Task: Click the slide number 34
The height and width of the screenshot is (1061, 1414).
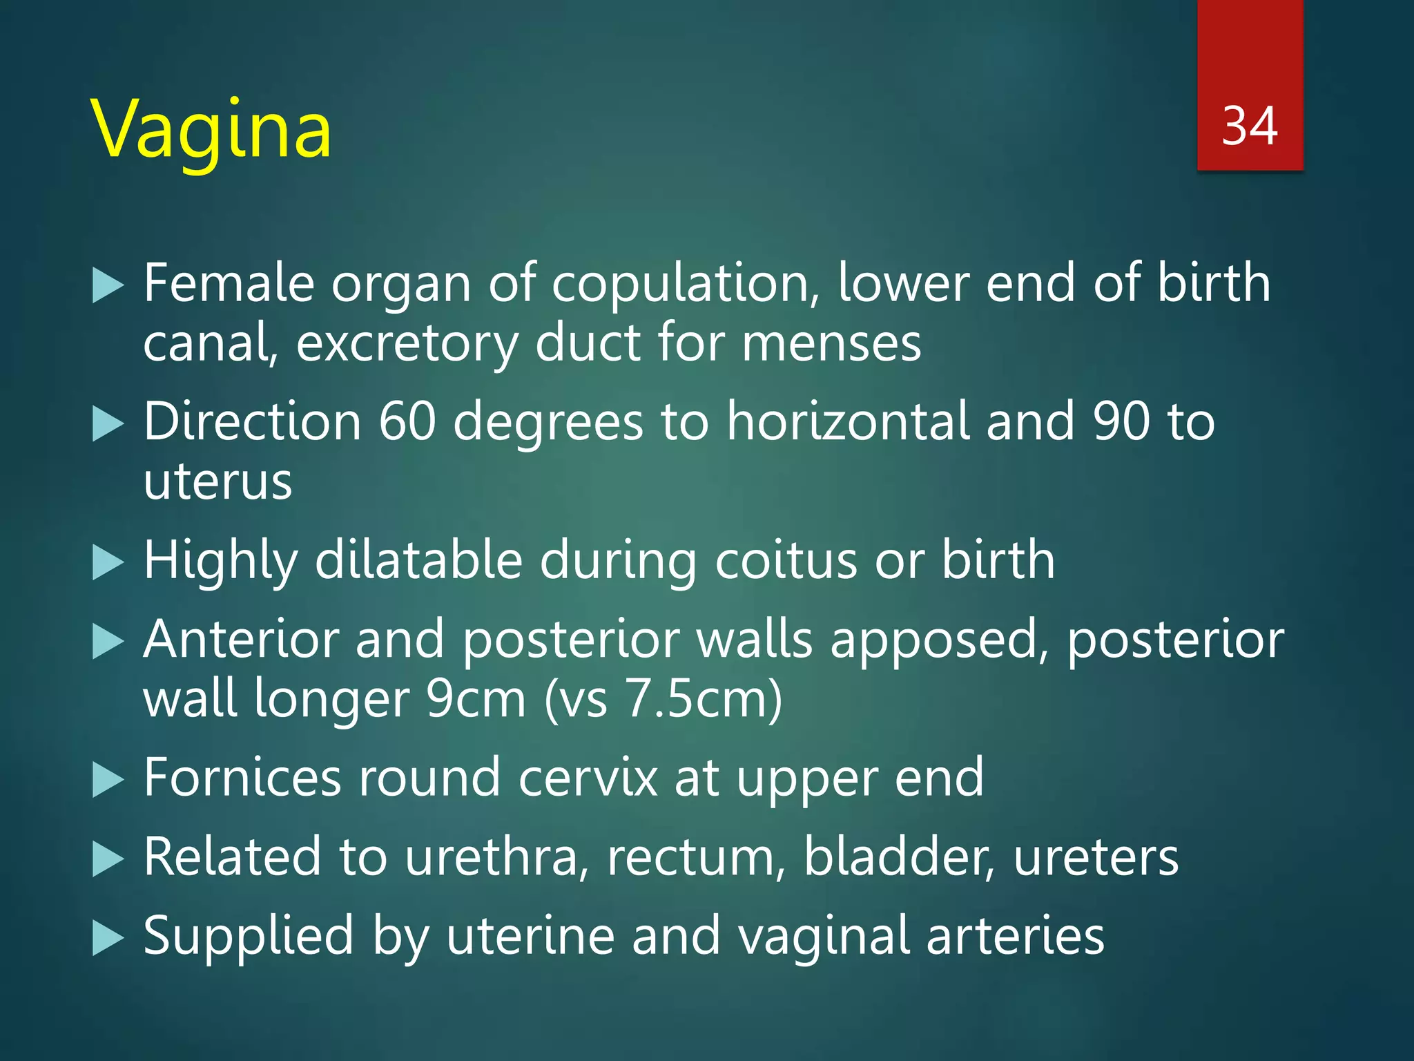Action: coord(1249,126)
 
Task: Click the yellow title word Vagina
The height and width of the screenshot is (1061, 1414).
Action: coord(211,131)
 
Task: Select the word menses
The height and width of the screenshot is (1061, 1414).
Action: coord(831,344)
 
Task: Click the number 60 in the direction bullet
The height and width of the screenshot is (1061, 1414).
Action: coord(407,422)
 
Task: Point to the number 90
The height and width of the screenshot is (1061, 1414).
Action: coord(1121,422)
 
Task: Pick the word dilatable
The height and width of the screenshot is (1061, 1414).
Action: coord(418,560)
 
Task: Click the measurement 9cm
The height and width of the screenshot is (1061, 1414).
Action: coord(476,699)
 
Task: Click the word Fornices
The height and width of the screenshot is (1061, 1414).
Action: coord(242,778)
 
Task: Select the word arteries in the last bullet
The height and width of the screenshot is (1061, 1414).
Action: coord(1015,937)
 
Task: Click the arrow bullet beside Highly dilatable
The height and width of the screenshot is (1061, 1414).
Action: coord(108,562)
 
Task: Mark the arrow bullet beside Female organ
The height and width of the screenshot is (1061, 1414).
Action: coord(108,286)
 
